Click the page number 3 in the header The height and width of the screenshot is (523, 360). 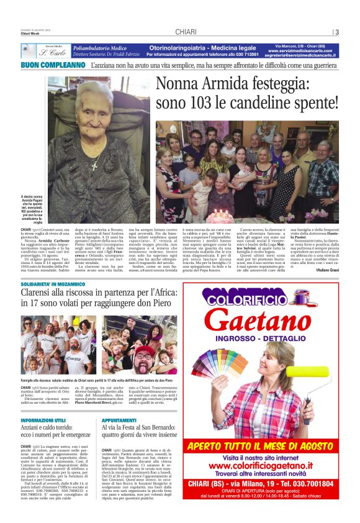pyautogui.click(x=336, y=32)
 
